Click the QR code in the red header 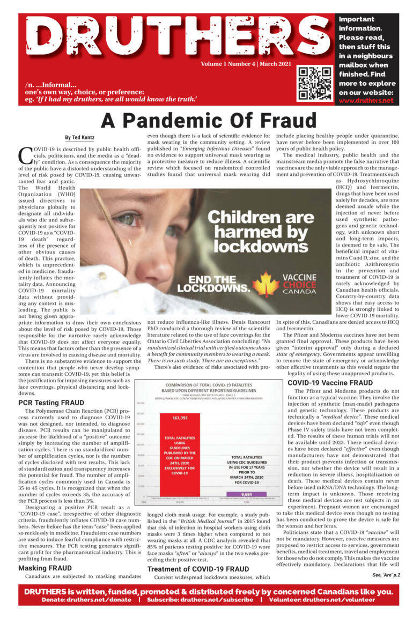pos(315,83)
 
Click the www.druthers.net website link pos(366,100)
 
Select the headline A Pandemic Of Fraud pos(206,120)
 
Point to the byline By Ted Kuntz pos(79,138)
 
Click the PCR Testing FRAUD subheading pos(51,402)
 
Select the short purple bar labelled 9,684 pos(247,494)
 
